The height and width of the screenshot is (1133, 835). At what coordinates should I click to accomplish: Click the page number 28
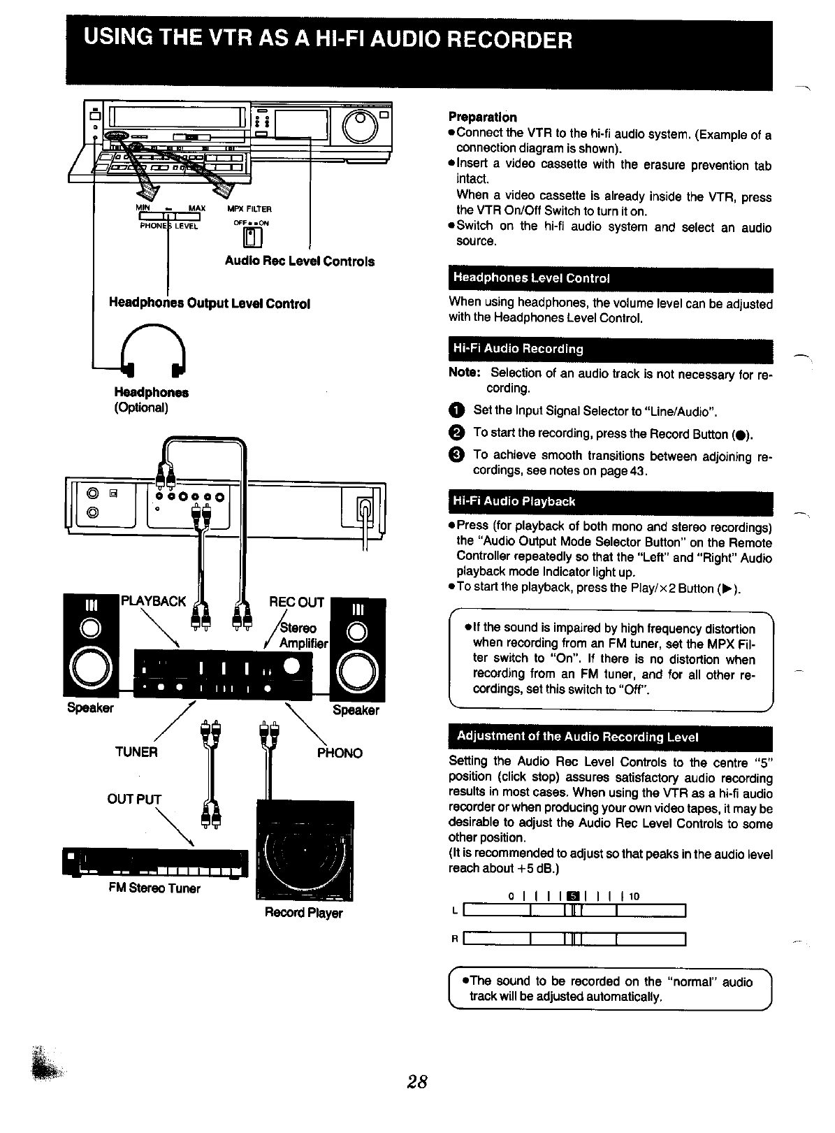click(417, 1082)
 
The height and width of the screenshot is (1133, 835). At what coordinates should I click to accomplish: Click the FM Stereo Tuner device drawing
click(155, 863)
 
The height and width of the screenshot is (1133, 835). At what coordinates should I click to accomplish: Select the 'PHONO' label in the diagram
click(340, 753)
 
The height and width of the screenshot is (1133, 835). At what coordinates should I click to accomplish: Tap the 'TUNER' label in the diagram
click(136, 752)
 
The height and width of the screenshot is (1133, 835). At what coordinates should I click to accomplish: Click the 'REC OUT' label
click(297, 602)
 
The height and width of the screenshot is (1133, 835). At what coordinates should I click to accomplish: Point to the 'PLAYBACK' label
click(154, 601)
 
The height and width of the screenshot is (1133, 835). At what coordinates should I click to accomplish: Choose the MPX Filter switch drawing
click(252, 238)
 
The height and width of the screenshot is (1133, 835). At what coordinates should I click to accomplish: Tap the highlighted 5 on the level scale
click(573, 897)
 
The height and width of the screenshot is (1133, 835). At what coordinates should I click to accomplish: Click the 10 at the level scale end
click(634, 897)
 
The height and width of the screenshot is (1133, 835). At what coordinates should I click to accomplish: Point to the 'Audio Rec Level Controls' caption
click(299, 261)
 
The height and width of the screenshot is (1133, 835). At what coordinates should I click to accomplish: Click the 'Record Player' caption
click(303, 913)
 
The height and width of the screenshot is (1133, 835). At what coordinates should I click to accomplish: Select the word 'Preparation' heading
click(482, 117)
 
